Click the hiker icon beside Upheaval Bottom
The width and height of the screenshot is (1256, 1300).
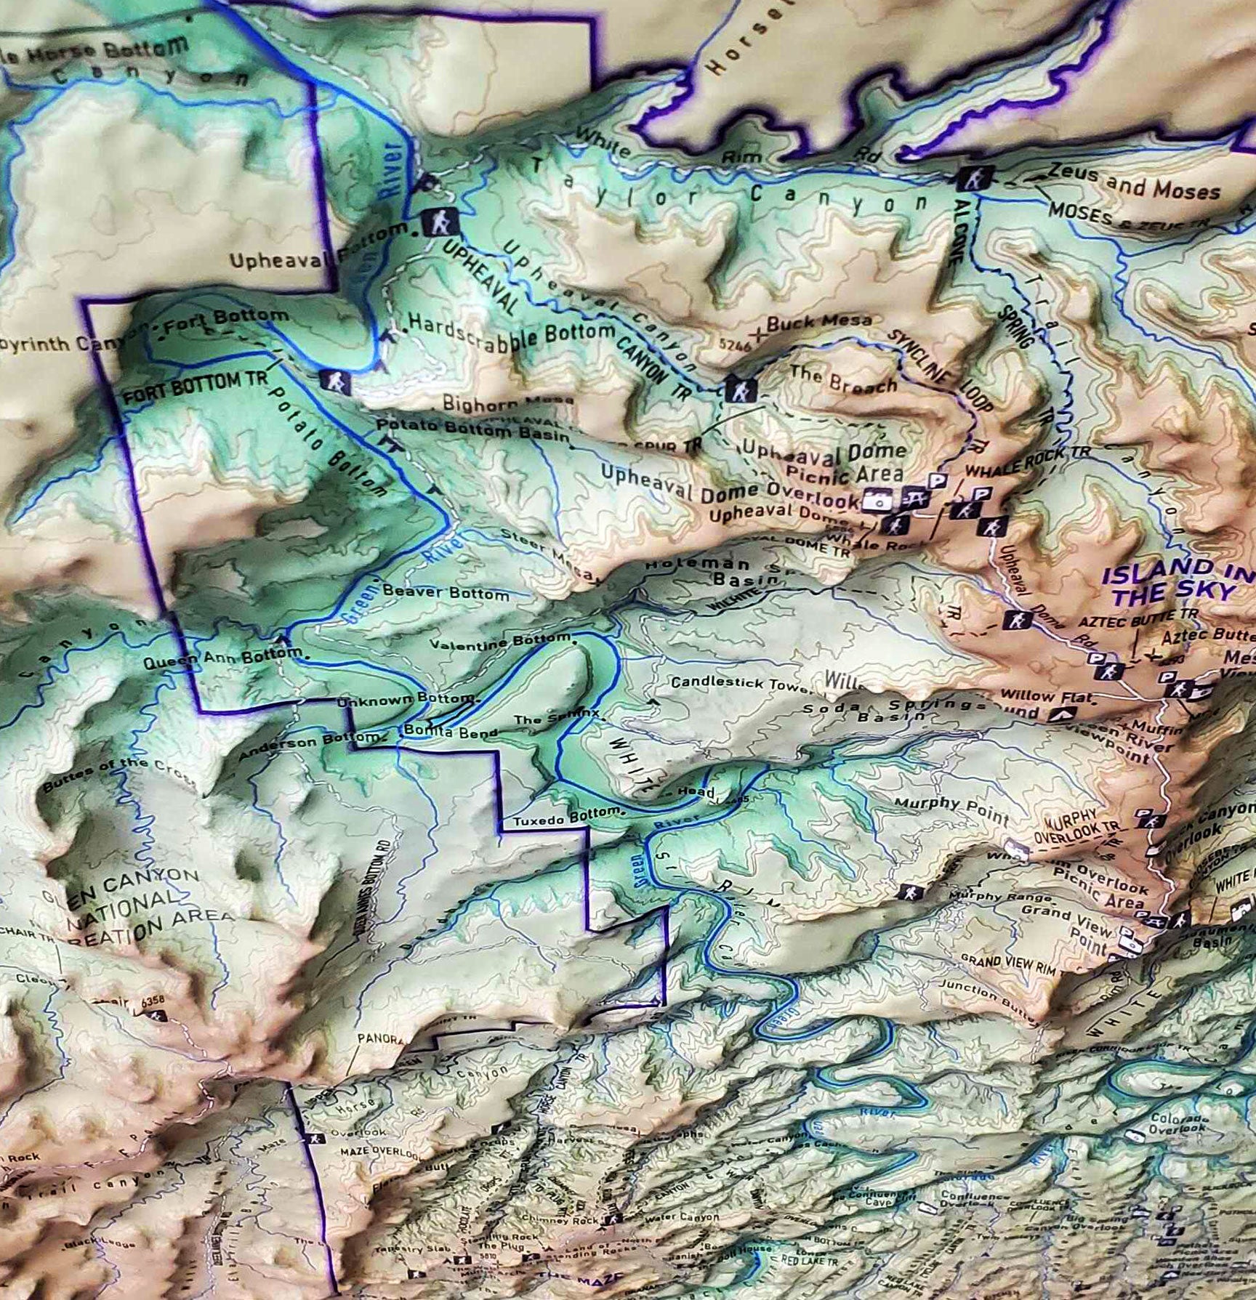439,222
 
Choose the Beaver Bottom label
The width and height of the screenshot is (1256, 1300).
446,592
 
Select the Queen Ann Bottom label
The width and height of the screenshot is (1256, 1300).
221,660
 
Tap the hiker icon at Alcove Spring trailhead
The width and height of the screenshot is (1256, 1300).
970,178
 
